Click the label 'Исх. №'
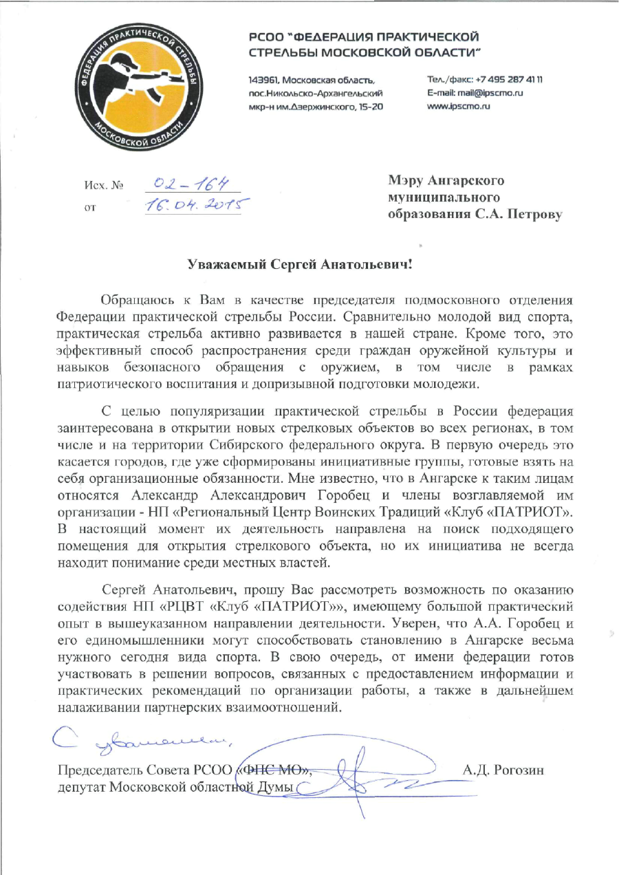pos(103,186)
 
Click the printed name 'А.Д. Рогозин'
pos(503,770)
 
